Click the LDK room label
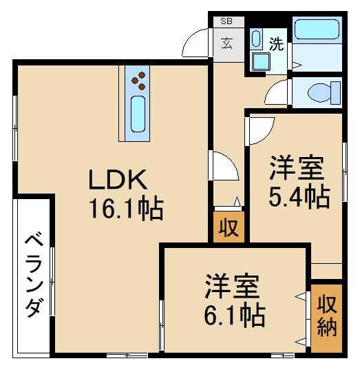click(x=116, y=180)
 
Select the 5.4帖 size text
click(x=298, y=198)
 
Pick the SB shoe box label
click(x=226, y=21)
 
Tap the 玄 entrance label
click(x=226, y=43)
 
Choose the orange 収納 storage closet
click(x=326, y=316)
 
